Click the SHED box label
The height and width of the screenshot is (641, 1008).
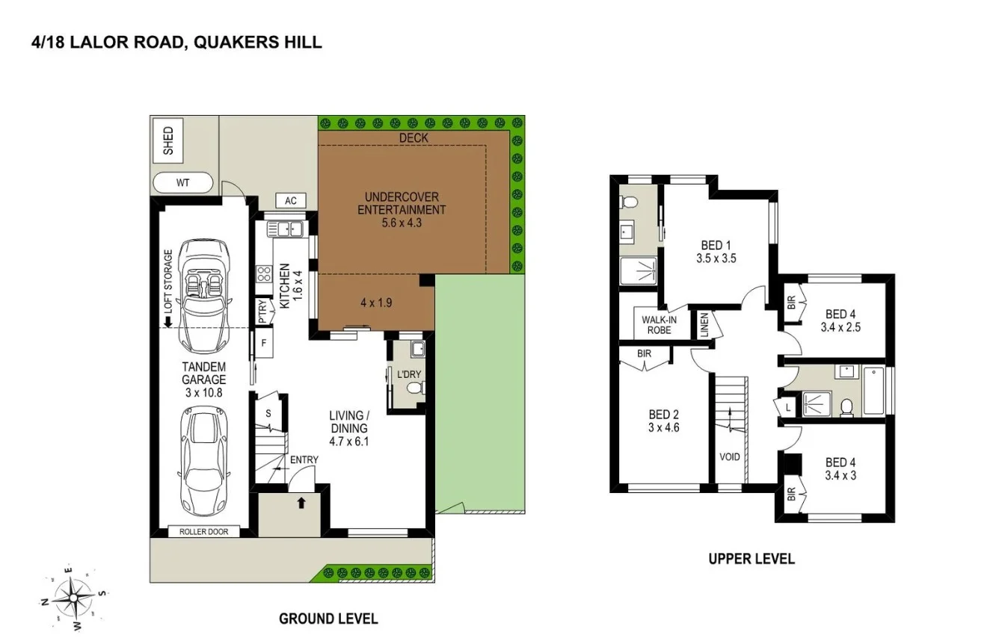(x=168, y=142)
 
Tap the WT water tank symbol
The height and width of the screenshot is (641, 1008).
(x=183, y=183)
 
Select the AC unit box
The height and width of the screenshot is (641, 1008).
(x=291, y=200)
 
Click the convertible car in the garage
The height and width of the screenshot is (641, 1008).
(x=200, y=294)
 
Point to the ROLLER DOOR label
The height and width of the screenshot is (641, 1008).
(x=198, y=532)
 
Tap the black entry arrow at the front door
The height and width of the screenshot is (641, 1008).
(x=301, y=503)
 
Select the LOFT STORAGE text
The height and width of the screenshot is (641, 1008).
(x=168, y=282)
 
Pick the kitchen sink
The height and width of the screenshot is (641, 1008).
(x=284, y=229)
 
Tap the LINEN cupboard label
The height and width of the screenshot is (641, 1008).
(x=704, y=326)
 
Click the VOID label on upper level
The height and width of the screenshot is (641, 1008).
(x=729, y=456)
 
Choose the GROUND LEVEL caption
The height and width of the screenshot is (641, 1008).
(x=328, y=619)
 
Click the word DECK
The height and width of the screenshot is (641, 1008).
(x=414, y=137)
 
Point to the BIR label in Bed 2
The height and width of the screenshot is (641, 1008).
(x=644, y=353)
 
